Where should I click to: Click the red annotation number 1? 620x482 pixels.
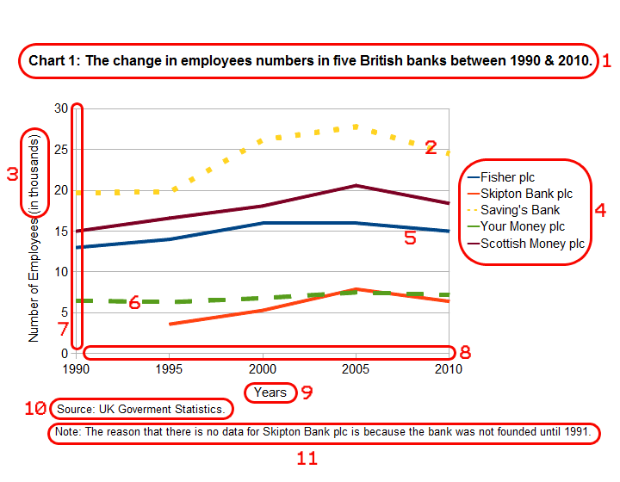pos(606,61)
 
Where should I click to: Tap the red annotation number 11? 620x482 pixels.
pos(307,458)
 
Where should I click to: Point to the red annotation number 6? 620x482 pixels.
pos(134,303)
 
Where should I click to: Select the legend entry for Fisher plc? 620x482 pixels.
pos(507,177)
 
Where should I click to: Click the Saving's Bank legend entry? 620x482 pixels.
pos(520,210)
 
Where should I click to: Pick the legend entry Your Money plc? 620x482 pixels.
pos(522,226)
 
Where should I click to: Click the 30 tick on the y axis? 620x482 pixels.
pos(60,108)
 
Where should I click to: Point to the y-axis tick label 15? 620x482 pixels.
pos(60,231)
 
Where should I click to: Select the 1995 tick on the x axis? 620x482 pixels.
pos(169,370)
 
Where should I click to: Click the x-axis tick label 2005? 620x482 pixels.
pos(356,370)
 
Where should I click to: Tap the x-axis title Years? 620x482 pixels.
pos(270,392)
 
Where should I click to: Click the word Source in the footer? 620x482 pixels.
pos(74,409)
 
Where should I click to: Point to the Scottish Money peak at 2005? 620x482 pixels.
pos(356,185)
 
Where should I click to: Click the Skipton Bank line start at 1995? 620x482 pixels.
pos(170,324)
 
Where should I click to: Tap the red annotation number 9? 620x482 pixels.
pos(306,392)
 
